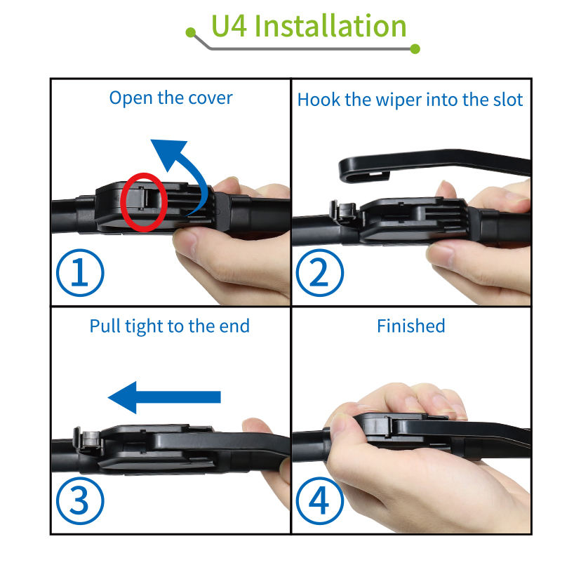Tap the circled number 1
[x=80, y=272]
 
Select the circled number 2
[x=320, y=272]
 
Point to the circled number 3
[x=80, y=501]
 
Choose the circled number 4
[x=320, y=501]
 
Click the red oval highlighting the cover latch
[x=121, y=202]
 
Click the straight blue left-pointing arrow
[x=164, y=397]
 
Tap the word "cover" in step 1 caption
[x=210, y=98]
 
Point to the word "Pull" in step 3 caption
[x=105, y=326]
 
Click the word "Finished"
[x=411, y=326]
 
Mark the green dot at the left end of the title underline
[x=190, y=32]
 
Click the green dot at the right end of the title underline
[x=415, y=48]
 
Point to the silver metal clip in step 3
[x=90, y=439]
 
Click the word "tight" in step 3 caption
[x=144, y=327]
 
